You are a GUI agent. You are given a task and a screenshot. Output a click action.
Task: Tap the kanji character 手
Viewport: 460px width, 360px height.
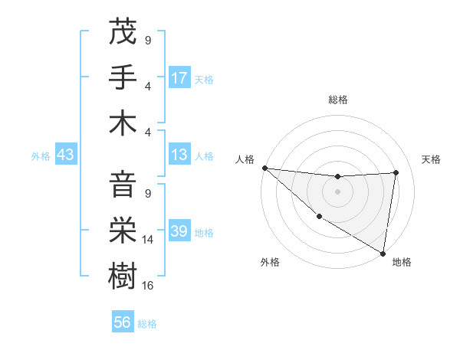123,77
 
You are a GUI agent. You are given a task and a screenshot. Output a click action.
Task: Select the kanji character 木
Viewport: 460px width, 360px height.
123,123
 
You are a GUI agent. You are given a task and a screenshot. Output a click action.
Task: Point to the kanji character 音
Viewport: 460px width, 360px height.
123,185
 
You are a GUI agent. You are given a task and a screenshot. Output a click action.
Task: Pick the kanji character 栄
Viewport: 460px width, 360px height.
123,230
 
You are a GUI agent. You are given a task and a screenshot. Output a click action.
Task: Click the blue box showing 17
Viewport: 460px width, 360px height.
179,77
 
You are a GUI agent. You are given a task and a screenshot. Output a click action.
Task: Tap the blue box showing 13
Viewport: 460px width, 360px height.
179,155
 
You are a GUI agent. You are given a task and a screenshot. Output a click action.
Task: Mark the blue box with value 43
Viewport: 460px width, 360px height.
65,155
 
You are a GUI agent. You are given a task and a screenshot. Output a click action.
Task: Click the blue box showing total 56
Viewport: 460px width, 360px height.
123,323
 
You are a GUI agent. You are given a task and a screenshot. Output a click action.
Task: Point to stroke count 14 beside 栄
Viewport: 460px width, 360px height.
149,240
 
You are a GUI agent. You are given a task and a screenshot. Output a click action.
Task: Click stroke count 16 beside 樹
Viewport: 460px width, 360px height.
149,285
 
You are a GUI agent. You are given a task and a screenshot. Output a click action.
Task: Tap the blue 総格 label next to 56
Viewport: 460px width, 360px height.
147,324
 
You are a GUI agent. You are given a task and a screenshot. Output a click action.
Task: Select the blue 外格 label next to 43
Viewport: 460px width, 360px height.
41,156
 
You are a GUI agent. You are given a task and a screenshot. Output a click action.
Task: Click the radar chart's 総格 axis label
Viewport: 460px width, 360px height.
338,100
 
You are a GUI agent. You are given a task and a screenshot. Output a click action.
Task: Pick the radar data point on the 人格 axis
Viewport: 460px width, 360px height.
264,168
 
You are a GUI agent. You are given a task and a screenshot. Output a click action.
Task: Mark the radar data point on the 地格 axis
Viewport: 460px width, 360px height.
383,253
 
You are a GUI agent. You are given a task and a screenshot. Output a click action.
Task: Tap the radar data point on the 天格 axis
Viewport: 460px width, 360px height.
396,172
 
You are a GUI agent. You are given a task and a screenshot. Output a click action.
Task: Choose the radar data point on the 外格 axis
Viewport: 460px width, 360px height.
319,217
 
